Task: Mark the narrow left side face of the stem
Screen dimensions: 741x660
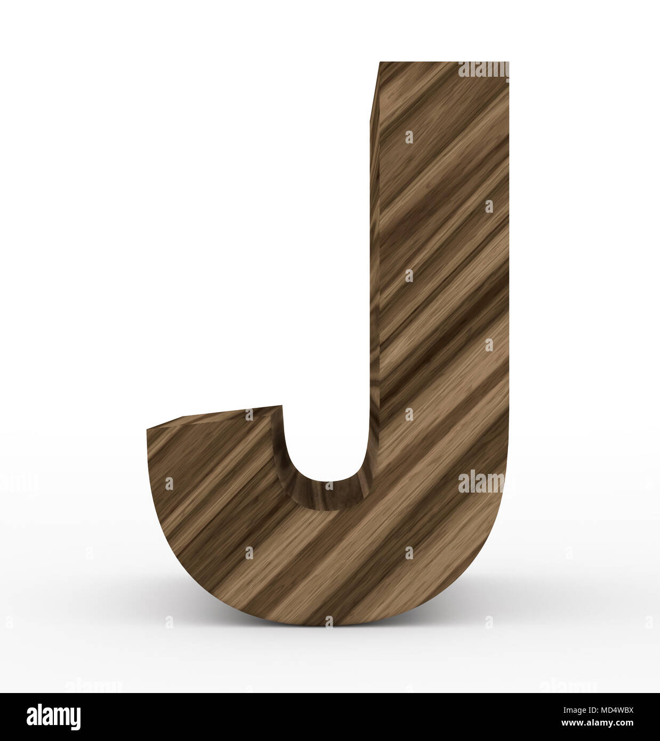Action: [374, 213]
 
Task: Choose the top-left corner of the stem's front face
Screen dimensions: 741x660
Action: [379, 63]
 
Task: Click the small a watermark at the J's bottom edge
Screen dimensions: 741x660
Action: [328, 621]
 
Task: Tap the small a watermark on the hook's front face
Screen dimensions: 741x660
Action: [170, 484]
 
